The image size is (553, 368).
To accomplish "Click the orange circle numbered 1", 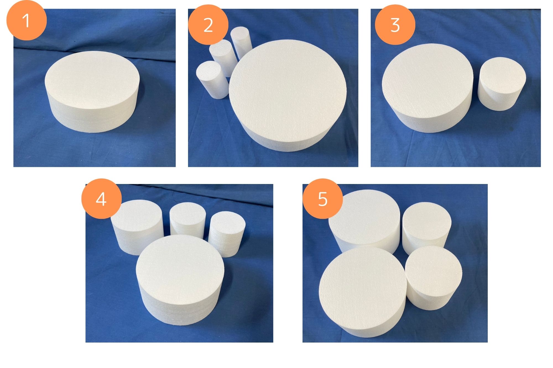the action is pyautogui.click(x=27, y=20).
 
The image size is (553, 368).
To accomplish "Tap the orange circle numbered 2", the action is pyautogui.click(x=208, y=25).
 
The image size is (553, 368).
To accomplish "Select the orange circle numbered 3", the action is pyautogui.click(x=395, y=25).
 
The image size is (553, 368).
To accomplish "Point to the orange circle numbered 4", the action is pyautogui.click(x=101, y=199).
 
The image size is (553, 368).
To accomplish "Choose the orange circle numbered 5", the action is pyautogui.click(x=323, y=199).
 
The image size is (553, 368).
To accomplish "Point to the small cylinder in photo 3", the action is pyautogui.click(x=502, y=84).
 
